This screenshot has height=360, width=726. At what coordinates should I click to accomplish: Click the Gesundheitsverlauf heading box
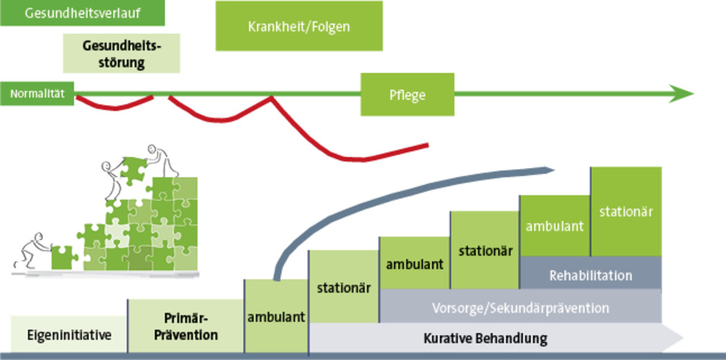[82, 13]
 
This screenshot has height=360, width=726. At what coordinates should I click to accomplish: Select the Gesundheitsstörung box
[121, 53]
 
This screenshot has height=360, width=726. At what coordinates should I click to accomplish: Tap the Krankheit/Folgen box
[299, 26]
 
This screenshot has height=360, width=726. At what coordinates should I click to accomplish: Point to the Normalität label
[37, 94]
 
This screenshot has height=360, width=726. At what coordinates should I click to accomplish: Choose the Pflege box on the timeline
[407, 95]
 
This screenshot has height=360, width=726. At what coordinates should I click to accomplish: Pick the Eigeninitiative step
[69, 334]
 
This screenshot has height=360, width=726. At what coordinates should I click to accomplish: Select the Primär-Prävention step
[185, 326]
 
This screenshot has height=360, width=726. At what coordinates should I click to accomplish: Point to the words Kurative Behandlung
[485, 338]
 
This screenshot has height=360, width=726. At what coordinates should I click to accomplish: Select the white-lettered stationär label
[626, 212]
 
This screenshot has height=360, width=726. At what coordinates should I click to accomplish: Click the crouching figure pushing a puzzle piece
[32, 251]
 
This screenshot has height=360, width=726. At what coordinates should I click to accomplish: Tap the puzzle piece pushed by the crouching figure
[64, 257]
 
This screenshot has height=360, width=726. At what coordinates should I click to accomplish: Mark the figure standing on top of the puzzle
[163, 160]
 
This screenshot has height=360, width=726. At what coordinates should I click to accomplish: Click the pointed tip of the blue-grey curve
[554, 170]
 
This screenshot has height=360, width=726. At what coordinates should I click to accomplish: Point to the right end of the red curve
[428, 146]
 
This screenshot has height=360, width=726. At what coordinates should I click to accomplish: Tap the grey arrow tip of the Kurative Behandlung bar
[682, 338]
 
